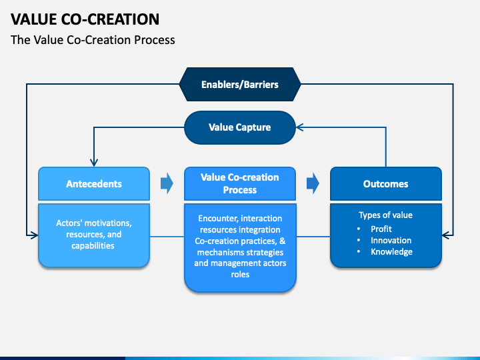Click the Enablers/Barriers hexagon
point(240,84)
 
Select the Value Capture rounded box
point(240,127)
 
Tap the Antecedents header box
point(94,184)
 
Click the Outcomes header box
point(386,184)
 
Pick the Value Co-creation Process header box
point(240,184)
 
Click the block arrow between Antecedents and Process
point(167,183)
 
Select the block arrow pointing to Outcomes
point(313,183)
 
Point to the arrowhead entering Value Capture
point(300,127)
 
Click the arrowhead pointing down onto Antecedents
point(94,163)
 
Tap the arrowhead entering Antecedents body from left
point(34,235)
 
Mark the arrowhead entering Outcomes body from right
point(446,235)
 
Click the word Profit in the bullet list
point(381,229)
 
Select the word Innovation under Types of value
point(391,240)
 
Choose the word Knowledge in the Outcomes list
point(391,251)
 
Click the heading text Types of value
point(385,215)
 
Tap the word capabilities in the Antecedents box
point(93,245)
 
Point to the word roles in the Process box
point(240,274)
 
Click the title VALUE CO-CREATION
point(85,19)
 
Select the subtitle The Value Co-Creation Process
point(93,40)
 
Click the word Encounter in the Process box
point(217,219)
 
